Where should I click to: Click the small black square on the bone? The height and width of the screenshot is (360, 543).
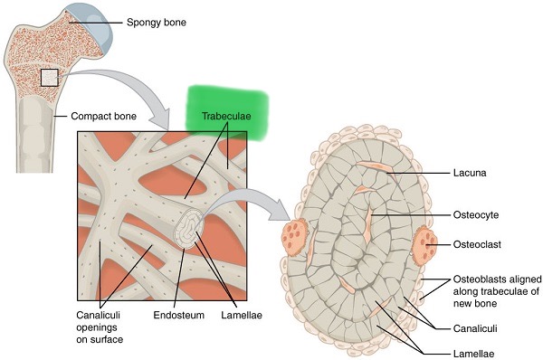tap(49, 78)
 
